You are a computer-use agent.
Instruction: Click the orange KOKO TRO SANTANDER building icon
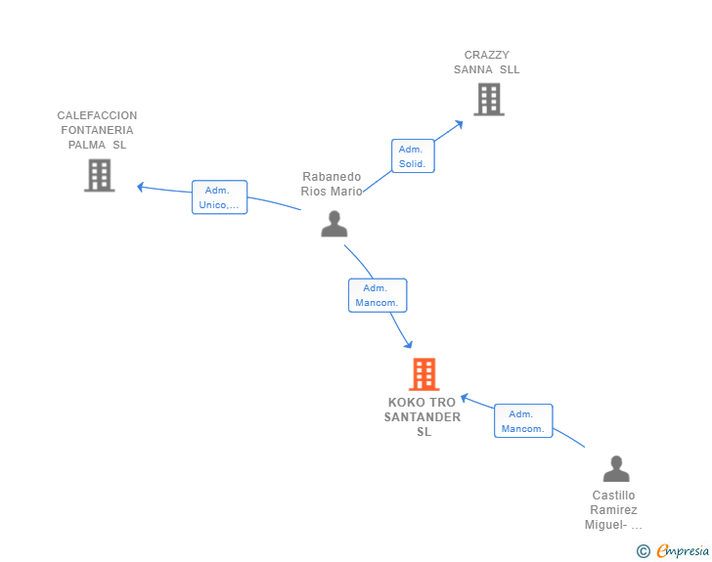[424, 374]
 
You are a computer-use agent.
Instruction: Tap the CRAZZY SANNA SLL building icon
[489, 99]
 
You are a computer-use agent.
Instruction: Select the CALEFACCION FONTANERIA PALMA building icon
[100, 175]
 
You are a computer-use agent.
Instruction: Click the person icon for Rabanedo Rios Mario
[334, 224]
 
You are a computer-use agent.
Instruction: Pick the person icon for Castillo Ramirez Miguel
[616, 468]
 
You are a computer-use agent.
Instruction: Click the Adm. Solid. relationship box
[413, 155]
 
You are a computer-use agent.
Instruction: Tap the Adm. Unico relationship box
[219, 197]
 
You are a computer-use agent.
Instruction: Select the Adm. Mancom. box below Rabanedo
[378, 295]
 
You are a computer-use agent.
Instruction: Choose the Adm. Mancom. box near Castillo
[523, 421]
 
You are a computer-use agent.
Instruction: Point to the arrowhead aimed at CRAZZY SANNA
[460, 123]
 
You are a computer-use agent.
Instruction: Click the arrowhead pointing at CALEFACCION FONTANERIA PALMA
[140, 187]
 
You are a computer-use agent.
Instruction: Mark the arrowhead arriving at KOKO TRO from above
[409, 345]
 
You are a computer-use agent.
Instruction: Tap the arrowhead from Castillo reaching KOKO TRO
[464, 398]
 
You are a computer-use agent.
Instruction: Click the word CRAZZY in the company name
[486, 55]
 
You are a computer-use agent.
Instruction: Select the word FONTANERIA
[97, 130]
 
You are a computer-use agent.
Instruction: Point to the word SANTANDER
[423, 417]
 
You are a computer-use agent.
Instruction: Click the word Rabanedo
[332, 177]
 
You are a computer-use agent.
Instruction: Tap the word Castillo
[613, 496]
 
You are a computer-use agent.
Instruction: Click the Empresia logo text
[683, 550]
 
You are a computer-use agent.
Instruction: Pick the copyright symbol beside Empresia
[644, 551]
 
